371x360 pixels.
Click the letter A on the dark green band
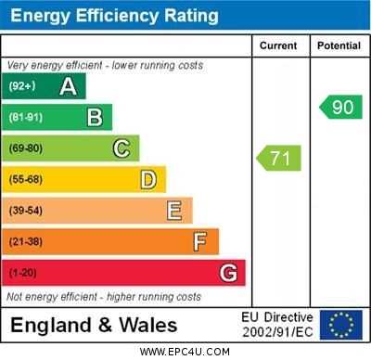pos(68,87)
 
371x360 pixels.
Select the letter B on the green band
pos(95,118)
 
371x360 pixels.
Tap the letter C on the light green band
pos(122,148)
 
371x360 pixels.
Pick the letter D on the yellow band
pos(148,179)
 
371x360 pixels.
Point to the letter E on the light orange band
pos(174,211)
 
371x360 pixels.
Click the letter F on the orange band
pos(200,241)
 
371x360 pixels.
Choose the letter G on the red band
pos(228,273)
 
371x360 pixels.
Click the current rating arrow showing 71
pos(279,158)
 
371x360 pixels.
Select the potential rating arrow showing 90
pos(340,107)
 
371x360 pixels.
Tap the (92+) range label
pos(21,87)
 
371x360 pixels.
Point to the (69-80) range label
pos(26,148)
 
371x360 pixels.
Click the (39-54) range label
pos(26,211)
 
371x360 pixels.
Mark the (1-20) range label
pos(23,273)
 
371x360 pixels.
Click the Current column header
pos(279,45)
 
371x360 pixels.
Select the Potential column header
pos(339,45)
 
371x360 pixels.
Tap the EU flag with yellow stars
pos(340,325)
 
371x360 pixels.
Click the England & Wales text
pos(94,325)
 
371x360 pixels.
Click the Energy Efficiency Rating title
pos(113,16)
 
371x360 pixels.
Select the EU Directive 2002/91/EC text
pos(278,325)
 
